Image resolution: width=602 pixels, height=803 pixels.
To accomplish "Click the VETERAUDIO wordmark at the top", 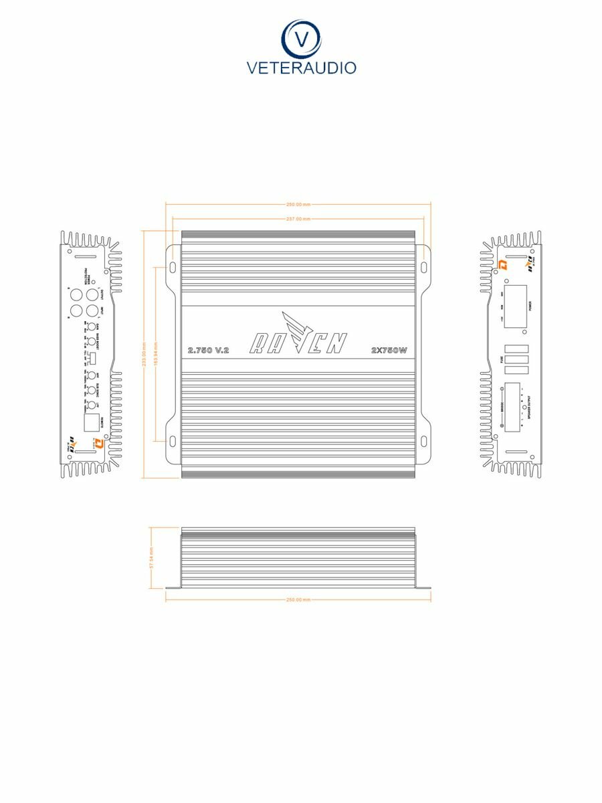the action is coord(301,68).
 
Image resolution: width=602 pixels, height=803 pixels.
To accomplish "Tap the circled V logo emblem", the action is coord(301,38).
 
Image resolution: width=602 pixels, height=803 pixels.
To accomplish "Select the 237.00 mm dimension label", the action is coord(298,219).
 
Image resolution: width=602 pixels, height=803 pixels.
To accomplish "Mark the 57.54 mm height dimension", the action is coord(152,557).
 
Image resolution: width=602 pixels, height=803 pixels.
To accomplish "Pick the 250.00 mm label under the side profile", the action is coord(298,600).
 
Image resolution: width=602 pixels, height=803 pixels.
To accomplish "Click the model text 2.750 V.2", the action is coord(209,351).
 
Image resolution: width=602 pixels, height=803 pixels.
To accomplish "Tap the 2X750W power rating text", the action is coord(389,351).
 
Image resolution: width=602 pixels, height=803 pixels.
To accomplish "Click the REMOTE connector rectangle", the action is coord(90,422).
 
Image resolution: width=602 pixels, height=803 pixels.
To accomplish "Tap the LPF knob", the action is coord(90,404).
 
